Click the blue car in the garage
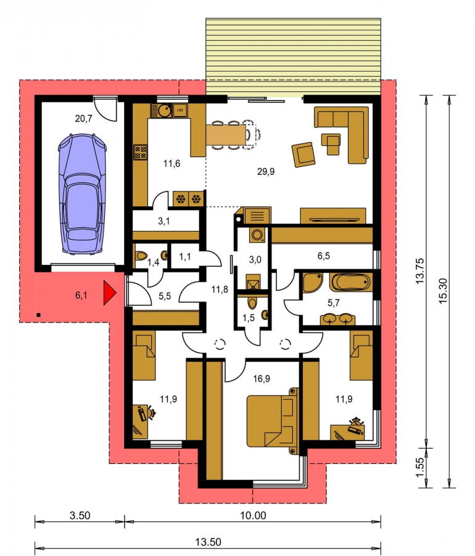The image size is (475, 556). click(82, 194)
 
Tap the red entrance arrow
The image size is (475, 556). click(110, 293)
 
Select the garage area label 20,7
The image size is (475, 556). click(83, 119)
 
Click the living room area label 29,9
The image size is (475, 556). click(266, 172)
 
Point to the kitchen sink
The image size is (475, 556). click(165, 111)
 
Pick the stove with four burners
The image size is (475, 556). click(141, 153)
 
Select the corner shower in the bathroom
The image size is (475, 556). click(313, 282)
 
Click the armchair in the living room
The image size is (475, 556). click(304, 154)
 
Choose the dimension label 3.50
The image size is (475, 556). click(80, 515)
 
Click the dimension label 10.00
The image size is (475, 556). click(253, 515)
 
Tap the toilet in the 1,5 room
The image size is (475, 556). click(252, 303)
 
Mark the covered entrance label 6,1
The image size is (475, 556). click(81, 295)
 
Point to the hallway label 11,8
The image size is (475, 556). click(220, 290)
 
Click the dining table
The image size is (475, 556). click(226, 135)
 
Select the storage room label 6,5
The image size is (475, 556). click(323, 256)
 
